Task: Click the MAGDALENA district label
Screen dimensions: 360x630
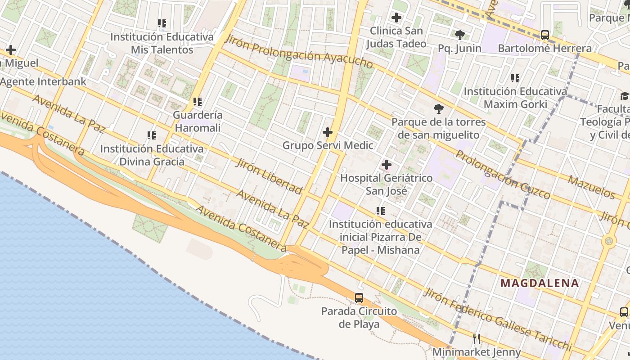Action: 540,283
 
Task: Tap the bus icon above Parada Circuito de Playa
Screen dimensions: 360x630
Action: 359,297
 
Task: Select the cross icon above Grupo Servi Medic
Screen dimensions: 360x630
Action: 328,132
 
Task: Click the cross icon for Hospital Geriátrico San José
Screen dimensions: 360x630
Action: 386,165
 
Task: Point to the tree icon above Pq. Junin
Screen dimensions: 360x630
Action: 459,35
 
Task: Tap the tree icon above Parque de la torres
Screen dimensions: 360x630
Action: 438,109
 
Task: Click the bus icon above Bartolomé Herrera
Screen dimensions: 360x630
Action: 544,35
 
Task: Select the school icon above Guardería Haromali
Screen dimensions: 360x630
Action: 197,102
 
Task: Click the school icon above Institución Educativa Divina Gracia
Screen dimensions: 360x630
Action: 152,135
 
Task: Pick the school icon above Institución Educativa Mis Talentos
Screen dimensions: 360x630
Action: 162,23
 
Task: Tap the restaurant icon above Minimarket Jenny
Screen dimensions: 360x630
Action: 477,339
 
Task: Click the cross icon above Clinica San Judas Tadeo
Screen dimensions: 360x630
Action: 396,18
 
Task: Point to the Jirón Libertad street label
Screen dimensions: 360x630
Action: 269,175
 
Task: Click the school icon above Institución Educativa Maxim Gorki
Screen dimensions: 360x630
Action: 515,78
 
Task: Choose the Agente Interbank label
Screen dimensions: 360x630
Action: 43,81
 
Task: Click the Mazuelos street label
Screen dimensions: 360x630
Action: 591,187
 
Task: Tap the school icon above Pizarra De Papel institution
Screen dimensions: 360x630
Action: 381,211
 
